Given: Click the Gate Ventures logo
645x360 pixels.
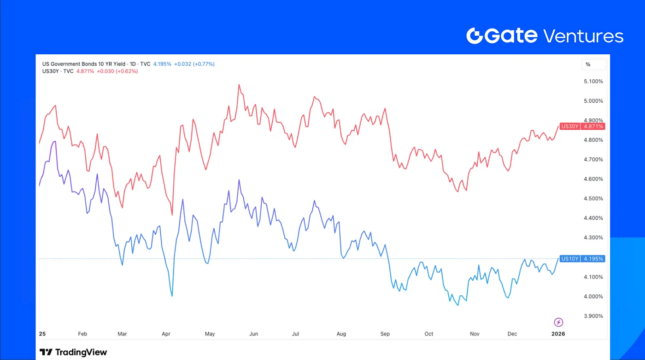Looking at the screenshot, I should click(x=545, y=36).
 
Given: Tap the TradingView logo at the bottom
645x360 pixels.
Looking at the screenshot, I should click(x=73, y=352).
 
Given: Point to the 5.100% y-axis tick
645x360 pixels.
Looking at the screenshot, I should click(x=593, y=81).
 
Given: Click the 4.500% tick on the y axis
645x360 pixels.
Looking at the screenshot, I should click(x=593, y=199).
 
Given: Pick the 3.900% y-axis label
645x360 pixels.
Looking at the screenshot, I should click(x=593, y=316).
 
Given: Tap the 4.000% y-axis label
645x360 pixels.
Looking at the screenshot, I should click(x=593, y=296).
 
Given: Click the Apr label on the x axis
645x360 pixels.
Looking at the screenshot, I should click(x=166, y=334).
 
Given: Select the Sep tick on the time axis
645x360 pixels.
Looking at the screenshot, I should click(x=385, y=334).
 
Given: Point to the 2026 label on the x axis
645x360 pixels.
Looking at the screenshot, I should click(x=558, y=334).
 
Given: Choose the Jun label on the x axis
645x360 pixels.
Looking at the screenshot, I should click(x=253, y=334).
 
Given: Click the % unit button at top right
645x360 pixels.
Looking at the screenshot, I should click(x=588, y=64).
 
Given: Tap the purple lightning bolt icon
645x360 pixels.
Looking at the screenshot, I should click(x=558, y=322).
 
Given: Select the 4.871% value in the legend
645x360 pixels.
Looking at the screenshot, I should click(x=85, y=71).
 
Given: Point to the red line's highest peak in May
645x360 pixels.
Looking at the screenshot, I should click(x=239, y=85).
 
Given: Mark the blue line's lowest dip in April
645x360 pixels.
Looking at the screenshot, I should click(x=172, y=296).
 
